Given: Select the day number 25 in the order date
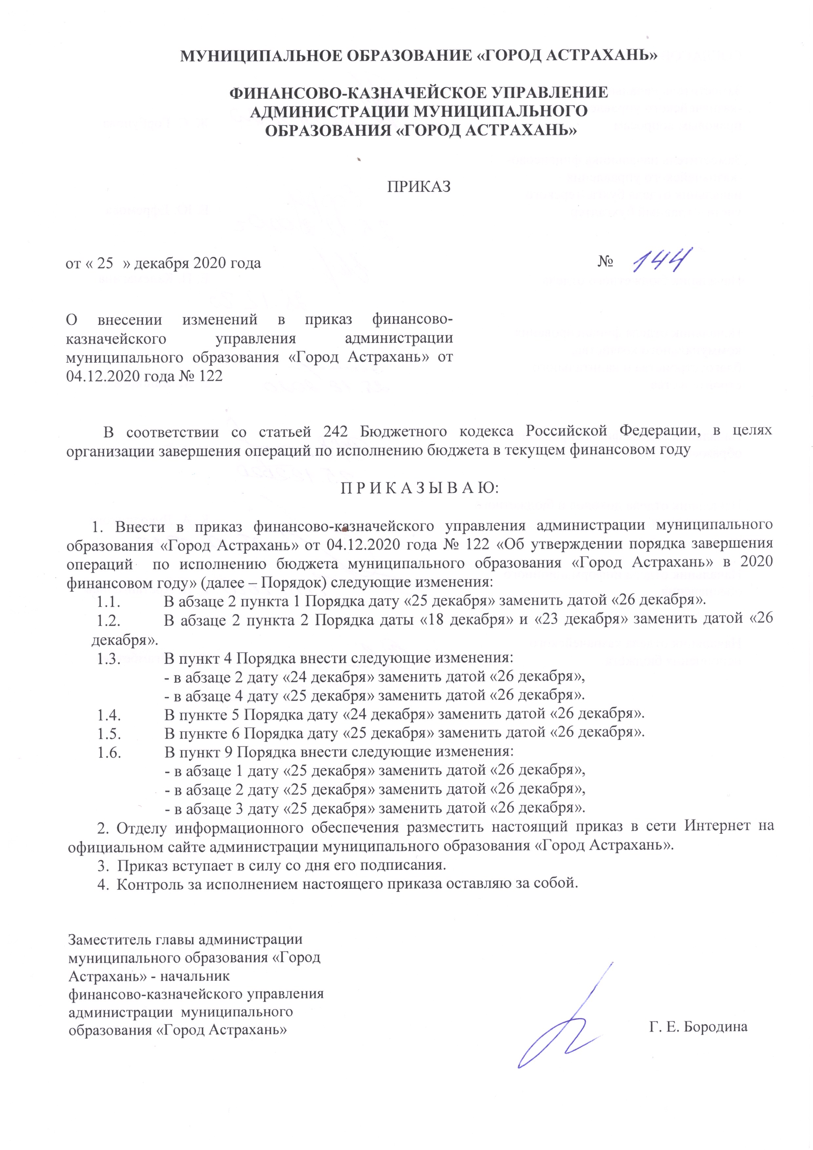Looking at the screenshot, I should (105, 263).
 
